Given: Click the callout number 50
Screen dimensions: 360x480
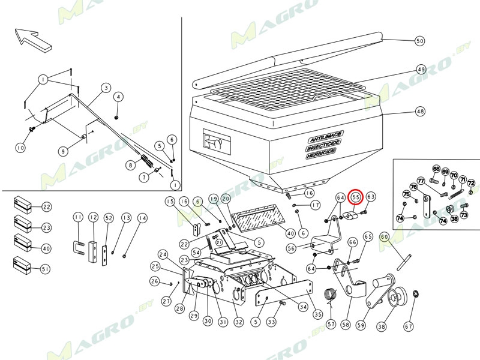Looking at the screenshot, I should [419, 41].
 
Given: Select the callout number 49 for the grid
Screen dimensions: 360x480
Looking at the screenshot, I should [421, 69].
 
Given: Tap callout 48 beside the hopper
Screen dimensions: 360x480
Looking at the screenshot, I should [419, 112].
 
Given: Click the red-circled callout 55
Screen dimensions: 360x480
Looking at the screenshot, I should [355, 196].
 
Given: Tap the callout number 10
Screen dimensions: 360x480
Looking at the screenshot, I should [21, 148].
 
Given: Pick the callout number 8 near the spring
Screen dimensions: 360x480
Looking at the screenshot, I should [129, 165].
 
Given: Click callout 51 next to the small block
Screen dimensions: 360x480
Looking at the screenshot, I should [46, 270].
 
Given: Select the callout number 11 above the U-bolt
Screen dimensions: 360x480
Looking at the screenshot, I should [77, 217].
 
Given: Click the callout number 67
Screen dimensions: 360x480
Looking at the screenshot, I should [409, 326].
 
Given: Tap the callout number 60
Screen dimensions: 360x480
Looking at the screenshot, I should [385, 237].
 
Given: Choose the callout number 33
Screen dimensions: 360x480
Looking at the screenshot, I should [271, 322].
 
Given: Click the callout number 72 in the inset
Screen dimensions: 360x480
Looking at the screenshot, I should [471, 182].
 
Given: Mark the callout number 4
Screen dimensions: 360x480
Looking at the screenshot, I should [118, 97].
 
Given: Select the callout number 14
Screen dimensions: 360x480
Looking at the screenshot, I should [142, 217].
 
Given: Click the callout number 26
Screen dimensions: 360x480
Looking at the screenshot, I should [154, 281].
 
